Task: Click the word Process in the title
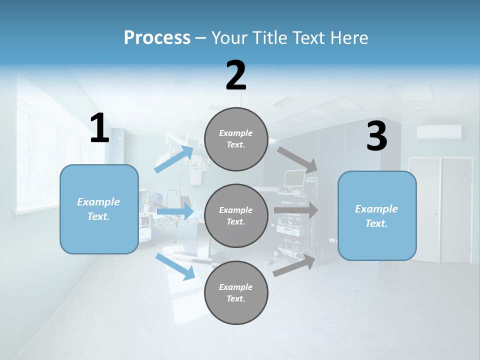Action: pyautogui.click(x=157, y=37)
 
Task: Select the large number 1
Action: pyautogui.click(x=99, y=128)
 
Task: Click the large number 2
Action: pyautogui.click(x=236, y=75)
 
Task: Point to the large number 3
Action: pyautogui.click(x=376, y=136)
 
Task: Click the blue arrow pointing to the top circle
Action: pyautogui.click(x=174, y=159)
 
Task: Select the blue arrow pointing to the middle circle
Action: pyautogui.click(x=175, y=212)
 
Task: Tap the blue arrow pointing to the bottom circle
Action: pyautogui.click(x=175, y=266)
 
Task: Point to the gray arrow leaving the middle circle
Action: pyautogui.click(x=296, y=210)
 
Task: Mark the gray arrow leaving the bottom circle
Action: pyautogui.click(x=294, y=265)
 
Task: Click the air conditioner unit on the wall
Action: pyautogui.click(x=439, y=132)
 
